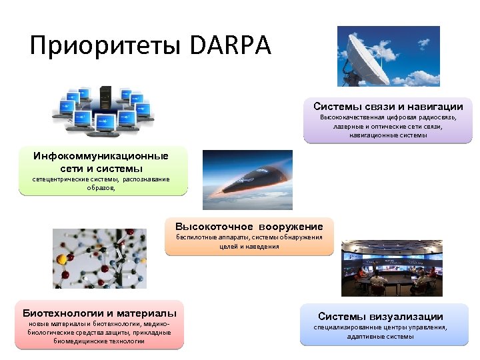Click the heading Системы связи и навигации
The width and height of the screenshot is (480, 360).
pyautogui.click(x=388, y=107)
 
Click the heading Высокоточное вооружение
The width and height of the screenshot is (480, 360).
pyautogui.click(x=249, y=226)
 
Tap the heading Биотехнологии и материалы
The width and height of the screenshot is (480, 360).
pyautogui.click(x=100, y=313)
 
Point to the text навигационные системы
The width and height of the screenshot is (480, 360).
pyautogui.click(x=388, y=135)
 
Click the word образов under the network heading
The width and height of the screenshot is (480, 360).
pyautogui.click(x=100, y=188)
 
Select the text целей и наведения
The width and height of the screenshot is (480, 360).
pyautogui.click(x=249, y=246)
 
